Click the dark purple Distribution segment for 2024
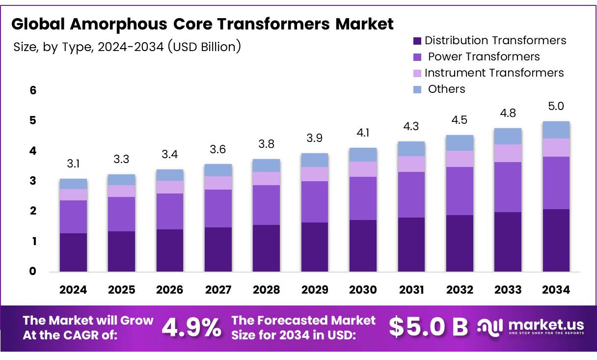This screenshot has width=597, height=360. (73, 252)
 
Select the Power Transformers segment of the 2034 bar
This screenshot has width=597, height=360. (556, 183)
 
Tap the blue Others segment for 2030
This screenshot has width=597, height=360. (363, 155)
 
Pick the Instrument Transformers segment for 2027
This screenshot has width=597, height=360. (218, 183)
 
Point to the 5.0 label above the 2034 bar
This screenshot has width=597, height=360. (556, 107)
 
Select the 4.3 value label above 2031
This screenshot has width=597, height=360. (411, 127)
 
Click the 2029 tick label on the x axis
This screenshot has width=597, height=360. (314, 290)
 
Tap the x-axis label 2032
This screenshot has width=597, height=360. (460, 290)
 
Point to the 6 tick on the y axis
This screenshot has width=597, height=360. (32, 90)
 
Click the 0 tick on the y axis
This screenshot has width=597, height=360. (32, 271)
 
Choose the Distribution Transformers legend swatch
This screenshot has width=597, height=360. (417, 41)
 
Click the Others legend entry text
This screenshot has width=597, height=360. (446, 89)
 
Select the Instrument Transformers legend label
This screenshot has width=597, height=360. (494, 73)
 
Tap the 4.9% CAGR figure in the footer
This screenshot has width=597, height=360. (191, 328)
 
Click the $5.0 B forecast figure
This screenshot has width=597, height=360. (428, 328)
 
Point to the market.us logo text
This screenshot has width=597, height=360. (546, 325)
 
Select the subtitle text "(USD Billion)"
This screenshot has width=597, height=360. (204, 47)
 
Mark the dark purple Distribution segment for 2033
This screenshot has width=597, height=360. (508, 242)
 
